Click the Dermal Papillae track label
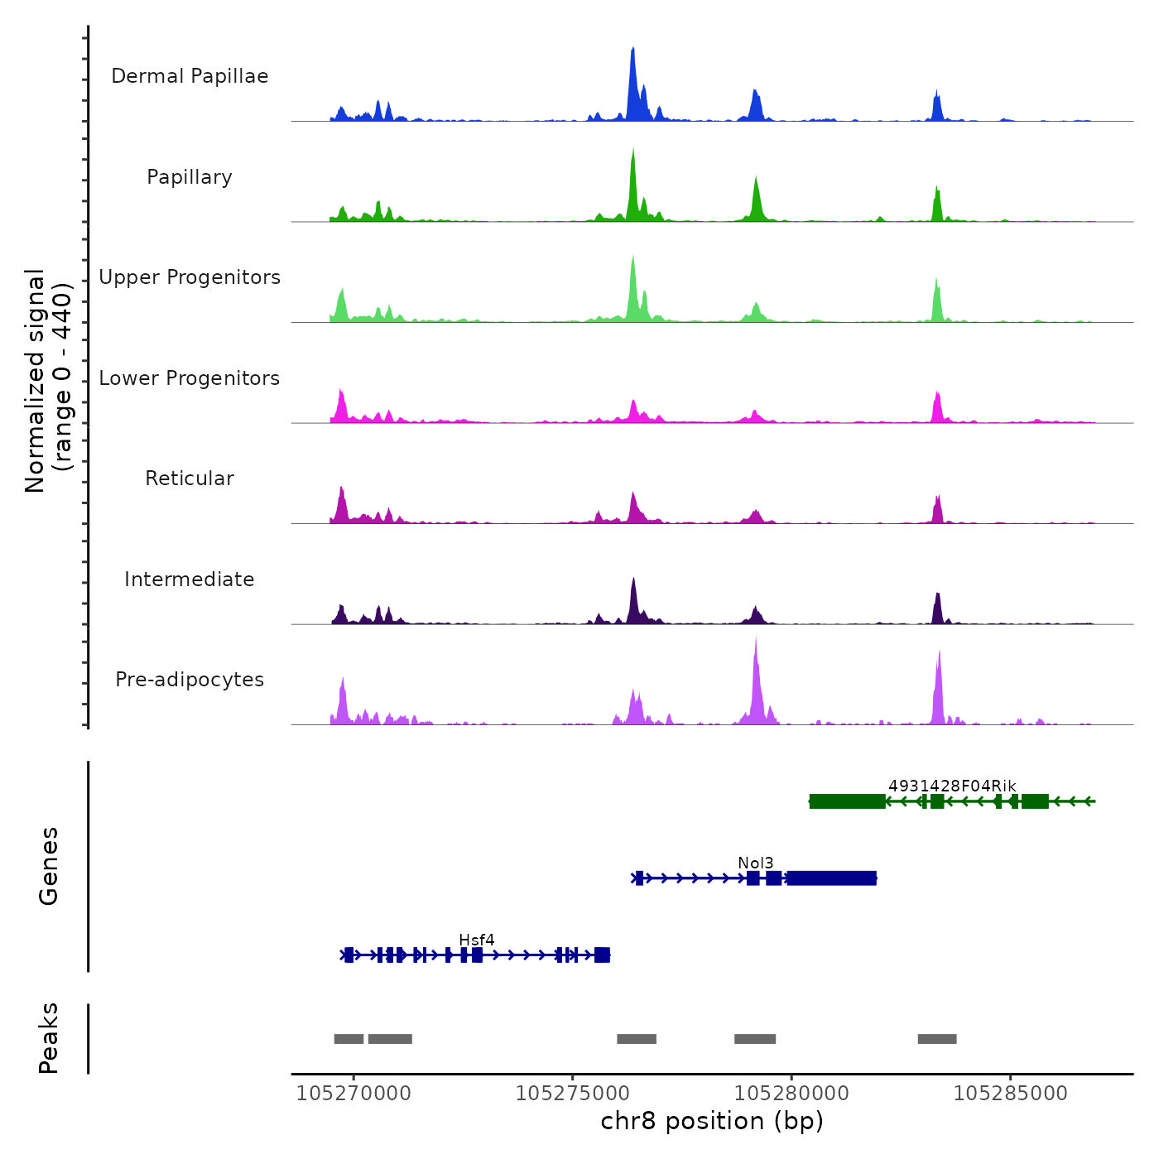click(x=190, y=76)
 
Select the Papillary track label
click(x=190, y=177)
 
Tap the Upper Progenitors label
click(x=190, y=277)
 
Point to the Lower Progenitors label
click(x=190, y=378)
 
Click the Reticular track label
click(x=190, y=479)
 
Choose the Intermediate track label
click(x=190, y=579)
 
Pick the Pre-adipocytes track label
click(x=190, y=680)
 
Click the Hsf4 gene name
click(x=477, y=940)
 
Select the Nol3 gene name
click(x=756, y=863)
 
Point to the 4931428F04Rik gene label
click(x=952, y=786)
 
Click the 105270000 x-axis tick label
click(x=353, y=1094)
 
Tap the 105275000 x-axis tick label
click(x=573, y=1094)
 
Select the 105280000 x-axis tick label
click(x=791, y=1094)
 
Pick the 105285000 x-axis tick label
click(x=1011, y=1094)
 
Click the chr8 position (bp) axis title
click(x=712, y=1121)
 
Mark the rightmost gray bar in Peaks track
click(x=937, y=1039)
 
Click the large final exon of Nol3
click(x=832, y=878)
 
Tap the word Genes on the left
click(x=49, y=866)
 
